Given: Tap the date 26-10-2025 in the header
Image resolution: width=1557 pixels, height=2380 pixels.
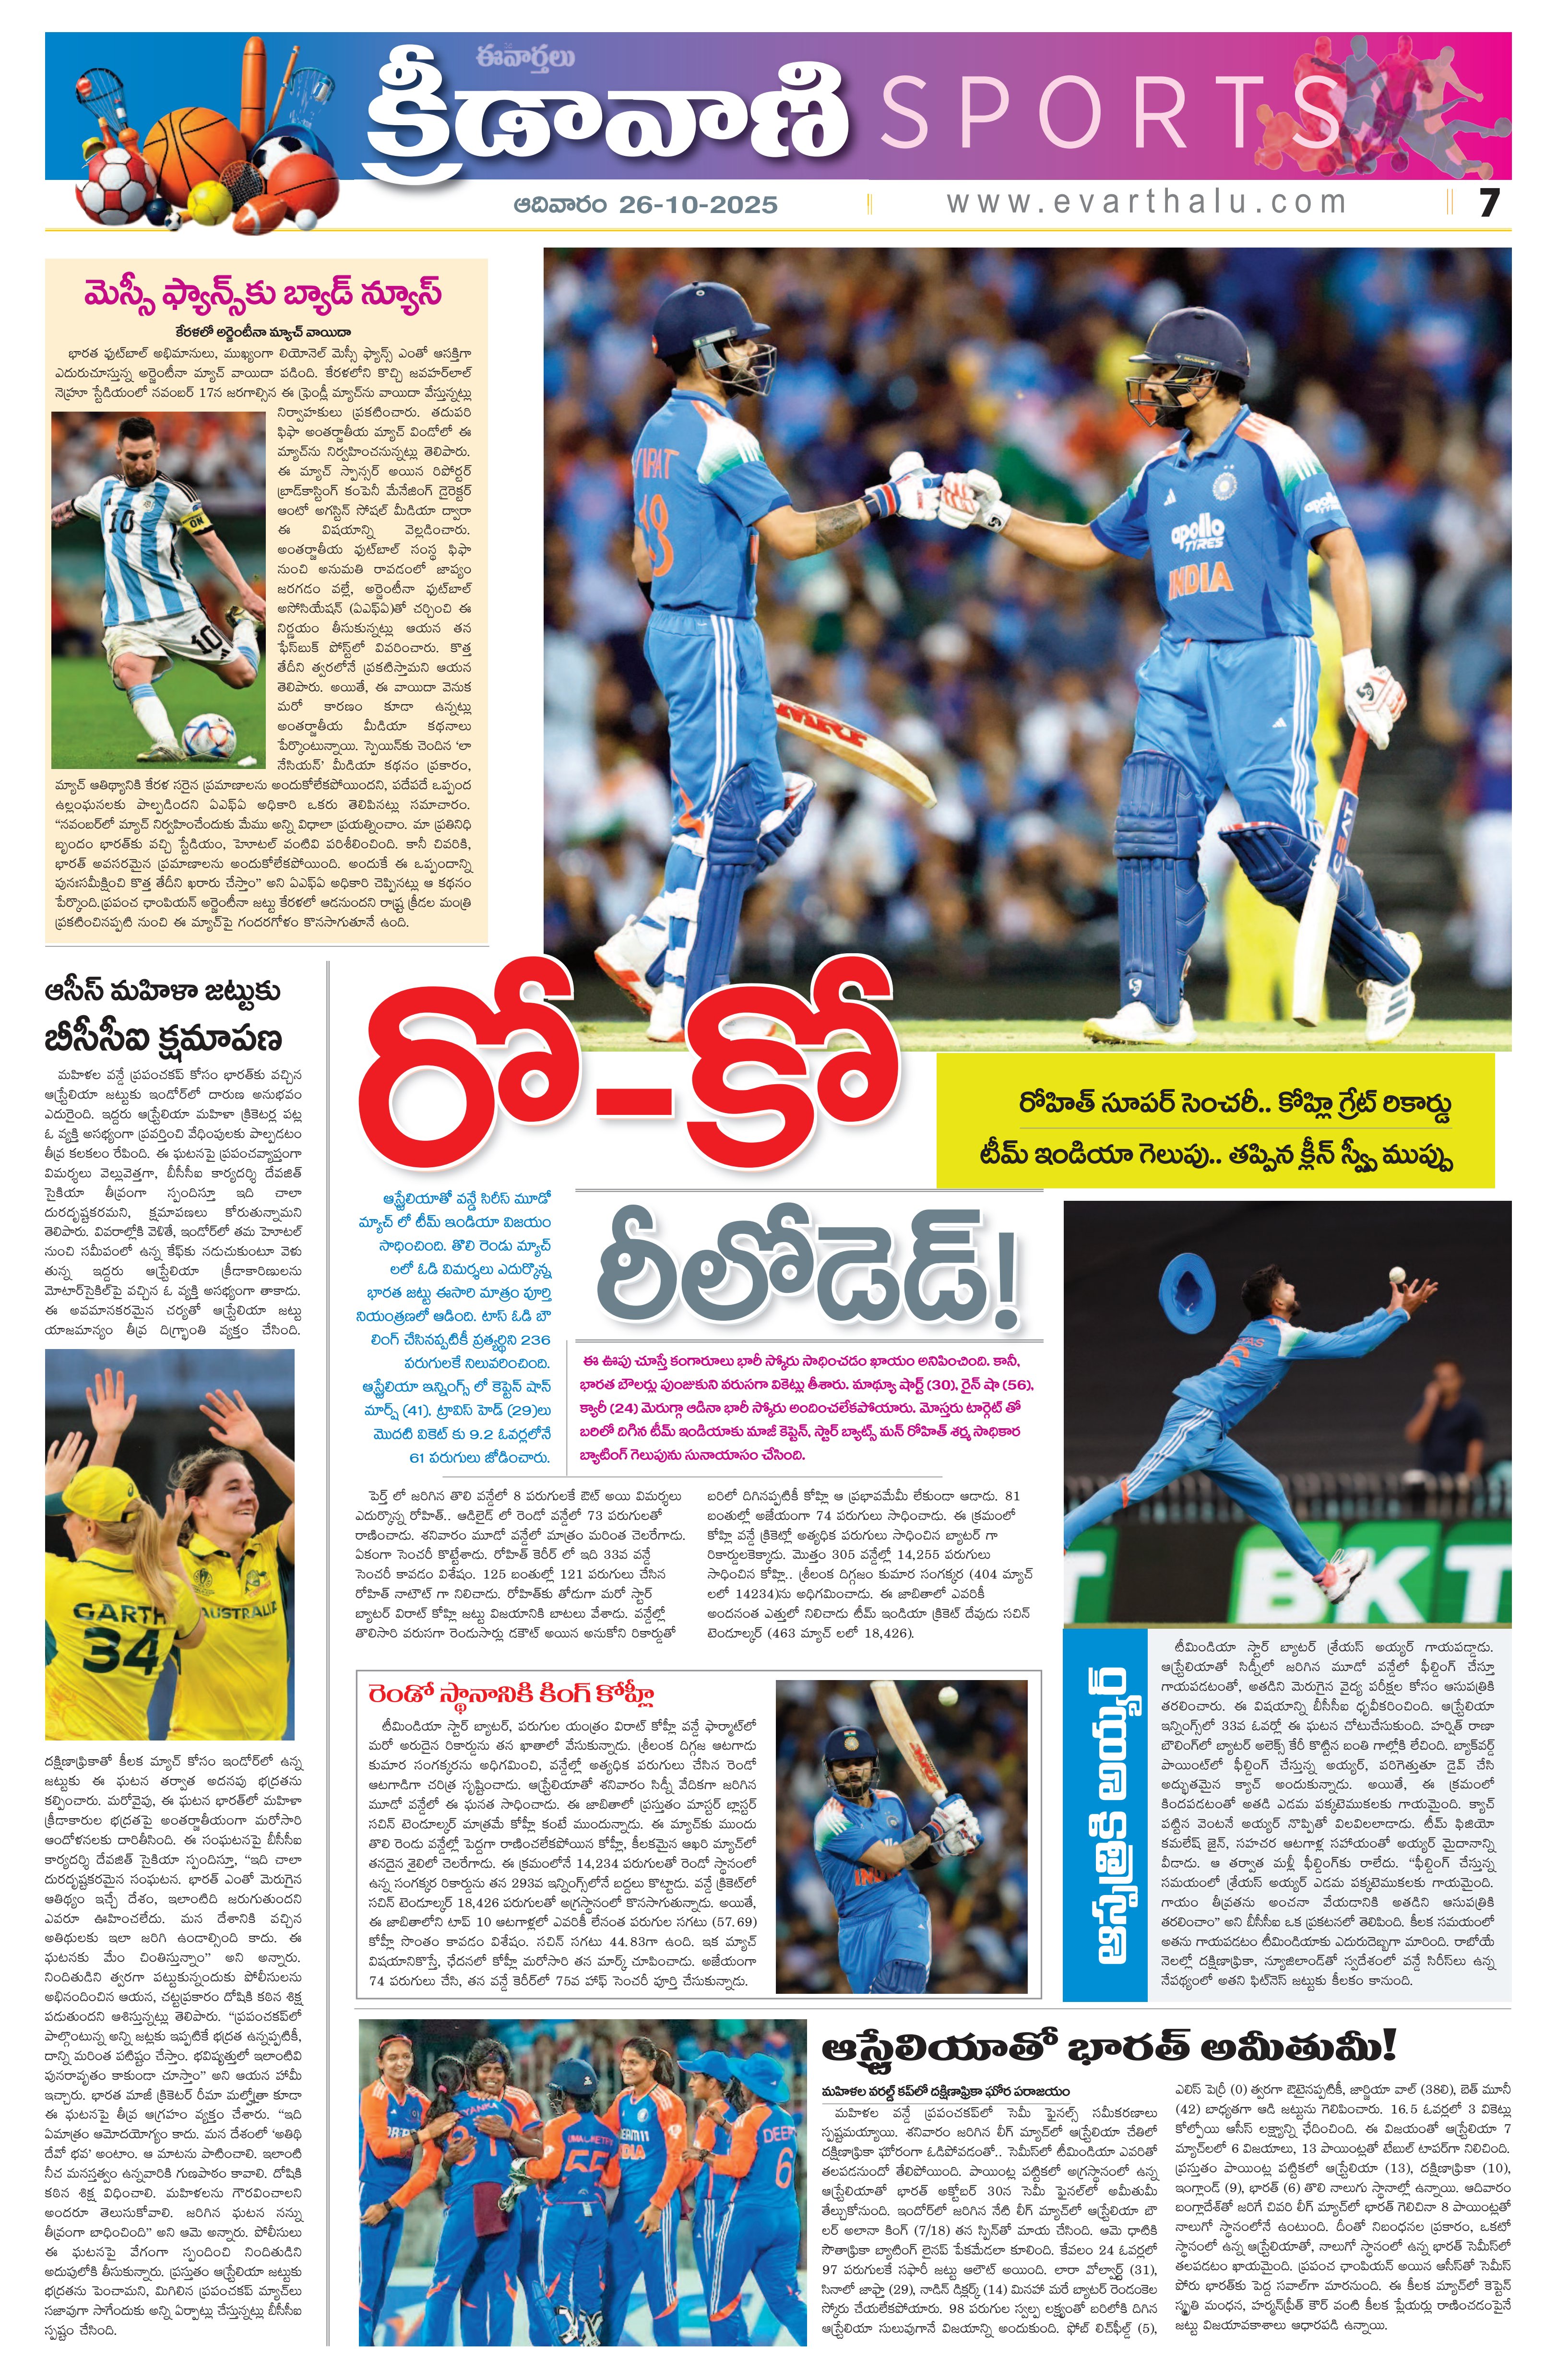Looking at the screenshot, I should coord(698,205).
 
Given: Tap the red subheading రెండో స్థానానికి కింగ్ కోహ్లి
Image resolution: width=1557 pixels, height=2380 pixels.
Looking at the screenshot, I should coord(511,1695).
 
